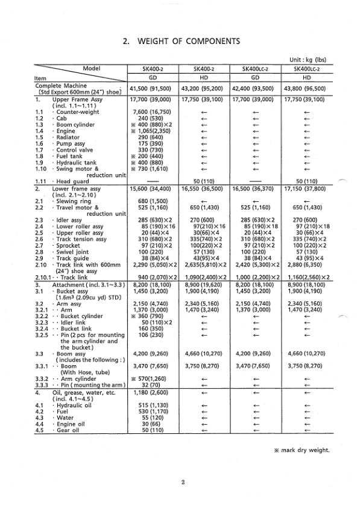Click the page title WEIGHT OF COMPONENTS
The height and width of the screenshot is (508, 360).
[x=180, y=42]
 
